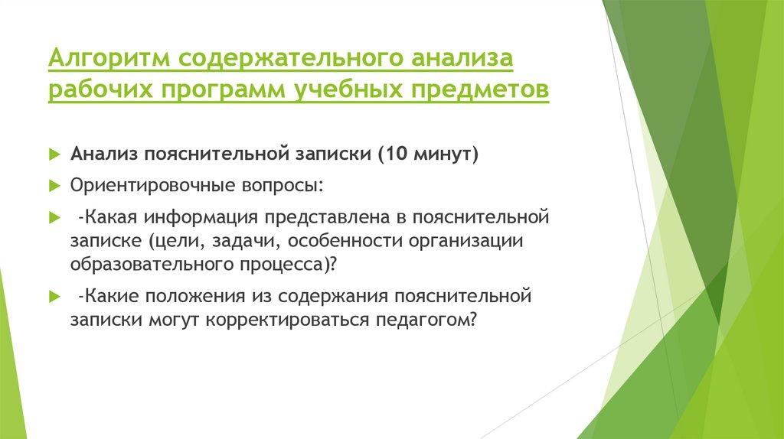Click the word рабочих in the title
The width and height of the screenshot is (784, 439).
click(x=100, y=91)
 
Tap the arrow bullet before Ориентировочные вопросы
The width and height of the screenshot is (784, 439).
click(x=54, y=186)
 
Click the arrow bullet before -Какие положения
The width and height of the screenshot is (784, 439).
click(x=54, y=296)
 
